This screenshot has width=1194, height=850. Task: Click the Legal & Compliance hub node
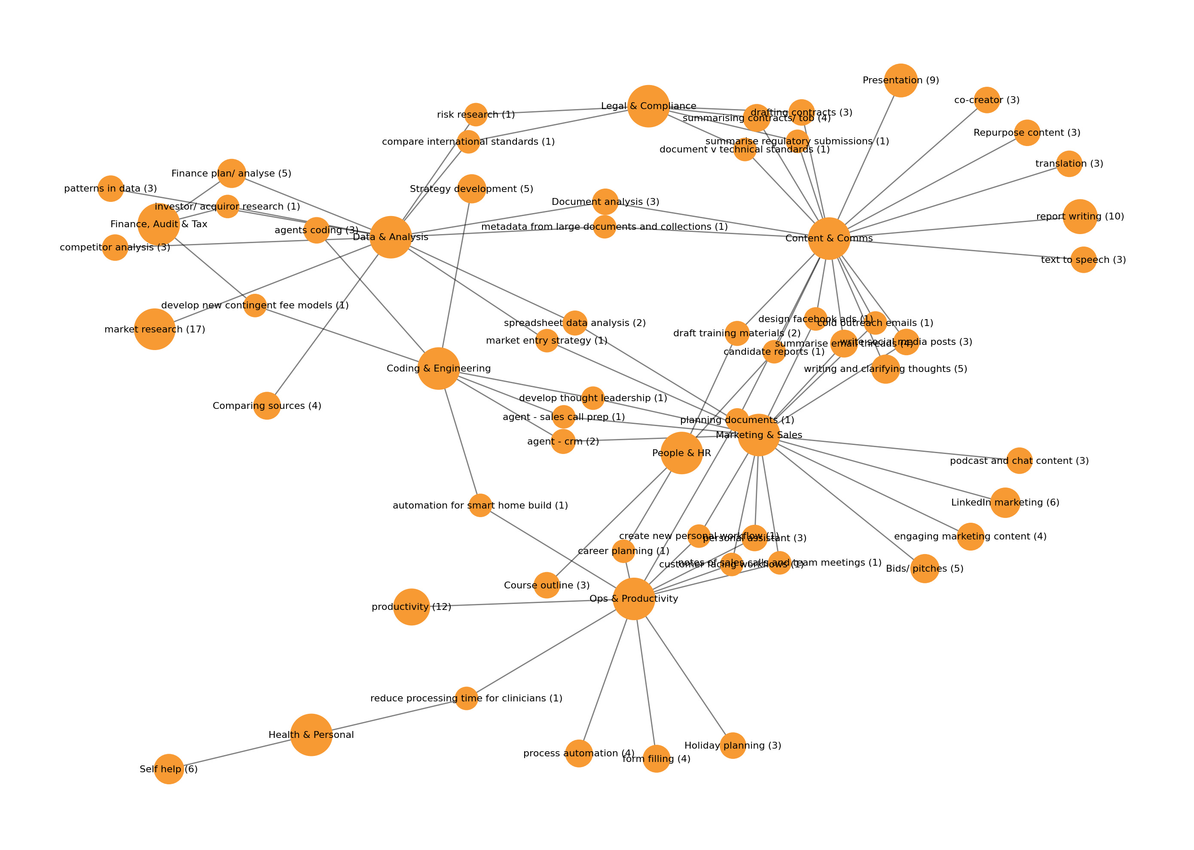point(648,106)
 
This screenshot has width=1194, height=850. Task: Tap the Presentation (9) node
point(901,81)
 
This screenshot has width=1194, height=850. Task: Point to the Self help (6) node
point(168,769)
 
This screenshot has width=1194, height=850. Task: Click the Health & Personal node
point(311,735)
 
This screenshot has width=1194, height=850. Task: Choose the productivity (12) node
point(412,607)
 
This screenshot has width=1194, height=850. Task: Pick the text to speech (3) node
point(1083,259)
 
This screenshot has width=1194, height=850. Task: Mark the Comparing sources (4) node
point(267,405)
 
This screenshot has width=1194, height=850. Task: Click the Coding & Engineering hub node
point(439,369)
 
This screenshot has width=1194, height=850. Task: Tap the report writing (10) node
point(1079,216)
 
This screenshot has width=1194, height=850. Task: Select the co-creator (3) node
point(987,100)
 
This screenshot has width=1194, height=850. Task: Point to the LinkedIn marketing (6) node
point(1005,503)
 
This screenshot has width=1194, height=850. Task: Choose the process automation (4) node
point(578,753)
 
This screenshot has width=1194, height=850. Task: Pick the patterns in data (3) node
point(110,189)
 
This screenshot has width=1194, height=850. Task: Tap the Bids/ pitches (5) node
point(925,568)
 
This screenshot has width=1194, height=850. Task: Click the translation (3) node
point(1069,164)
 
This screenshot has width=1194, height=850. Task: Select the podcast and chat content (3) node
point(1019,460)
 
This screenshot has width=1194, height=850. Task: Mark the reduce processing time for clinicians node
point(466,698)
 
